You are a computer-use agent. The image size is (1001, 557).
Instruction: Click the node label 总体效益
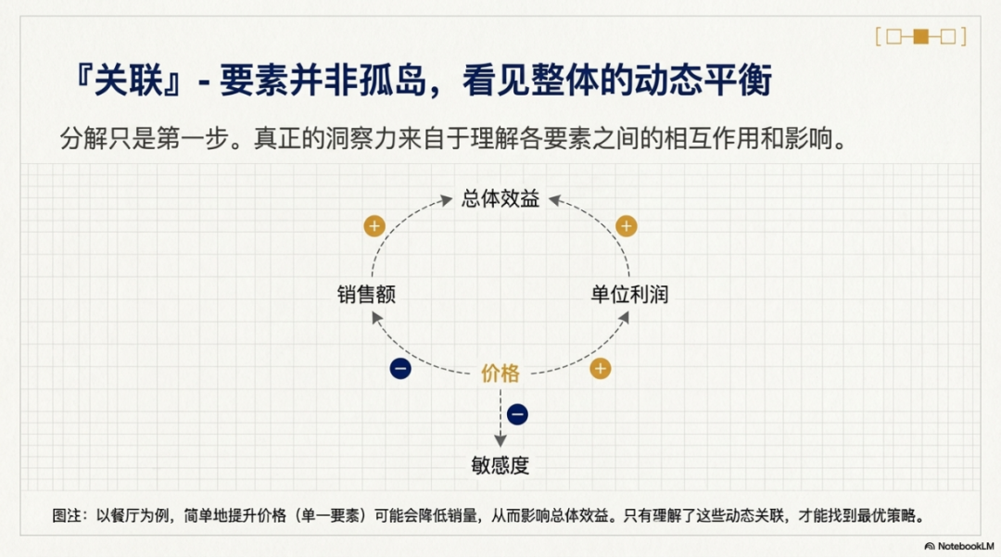pos(500,198)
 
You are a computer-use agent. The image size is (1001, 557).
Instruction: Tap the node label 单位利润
pos(629,295)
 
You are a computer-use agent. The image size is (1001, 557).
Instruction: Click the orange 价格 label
pos(500,373)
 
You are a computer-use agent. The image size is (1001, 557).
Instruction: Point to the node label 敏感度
pos(500,465)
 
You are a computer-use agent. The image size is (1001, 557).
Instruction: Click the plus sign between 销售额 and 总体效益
pos(374,225)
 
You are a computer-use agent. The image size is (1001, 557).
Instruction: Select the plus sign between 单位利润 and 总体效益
pos(627,226)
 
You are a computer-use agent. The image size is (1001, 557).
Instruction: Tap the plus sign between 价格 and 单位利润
pos(601,368)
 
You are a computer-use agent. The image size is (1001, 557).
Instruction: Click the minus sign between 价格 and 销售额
pos(400,368)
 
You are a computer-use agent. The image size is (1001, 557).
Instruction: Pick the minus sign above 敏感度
pos(518,414)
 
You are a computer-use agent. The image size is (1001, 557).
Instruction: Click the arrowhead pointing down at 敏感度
pos(500,441)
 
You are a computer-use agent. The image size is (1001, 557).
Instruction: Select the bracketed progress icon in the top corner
pos(920,37)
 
